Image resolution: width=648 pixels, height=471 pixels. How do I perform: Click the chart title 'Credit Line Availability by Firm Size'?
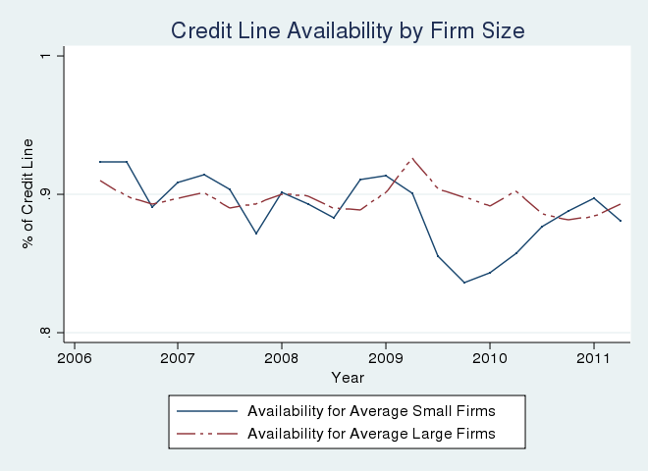click(348, 31)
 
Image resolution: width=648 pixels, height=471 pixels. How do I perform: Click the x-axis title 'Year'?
click(348, 377)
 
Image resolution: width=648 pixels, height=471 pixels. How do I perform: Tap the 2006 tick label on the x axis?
click(74, 357)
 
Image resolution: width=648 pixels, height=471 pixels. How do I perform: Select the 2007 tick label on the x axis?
click(178, 357)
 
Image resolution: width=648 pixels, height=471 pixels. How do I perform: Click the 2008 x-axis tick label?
click(282, 357)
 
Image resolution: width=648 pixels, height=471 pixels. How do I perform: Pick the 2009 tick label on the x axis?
click(386, 357)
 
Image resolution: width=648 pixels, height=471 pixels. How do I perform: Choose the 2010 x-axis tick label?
click(490, 357)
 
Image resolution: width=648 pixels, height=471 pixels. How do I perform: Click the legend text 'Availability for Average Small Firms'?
click(372, 410)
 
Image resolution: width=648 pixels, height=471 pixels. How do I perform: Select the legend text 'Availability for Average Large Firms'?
click(372, 433)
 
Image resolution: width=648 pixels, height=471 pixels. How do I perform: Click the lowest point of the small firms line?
click(464, 283)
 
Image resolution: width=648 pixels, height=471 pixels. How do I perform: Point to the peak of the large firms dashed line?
click(412, 158)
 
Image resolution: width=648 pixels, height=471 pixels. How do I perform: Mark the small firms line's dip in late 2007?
click(256, 234)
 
